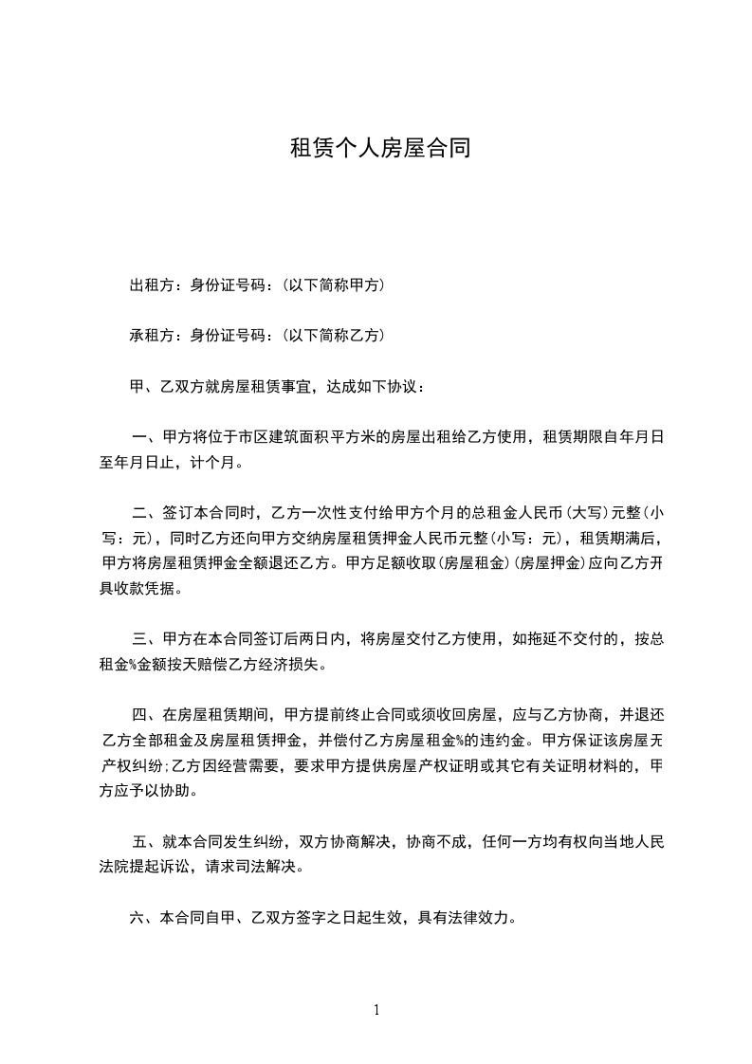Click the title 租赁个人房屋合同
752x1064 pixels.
[379, 149]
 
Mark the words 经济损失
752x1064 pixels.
[293, 664]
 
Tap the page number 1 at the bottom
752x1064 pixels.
[376, 1010]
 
